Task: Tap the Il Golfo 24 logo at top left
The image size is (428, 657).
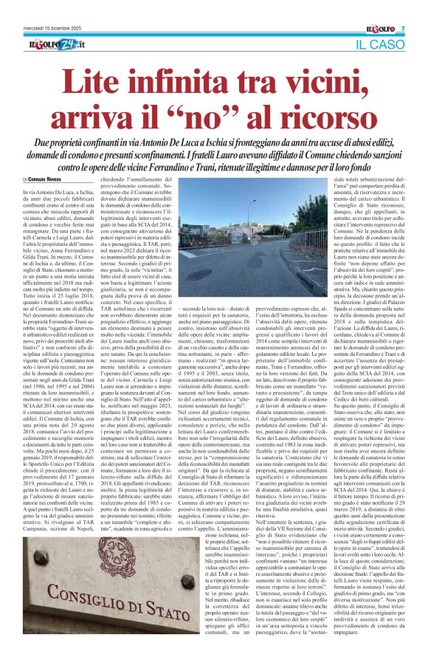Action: point(56,46)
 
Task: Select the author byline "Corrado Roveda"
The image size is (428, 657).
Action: point(46,179)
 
